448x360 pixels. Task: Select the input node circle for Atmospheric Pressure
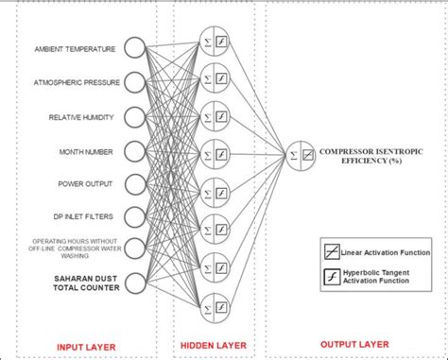pyautogui.click(x=134, y=82)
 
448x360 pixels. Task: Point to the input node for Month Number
pyautogui.click(x=134, y=149)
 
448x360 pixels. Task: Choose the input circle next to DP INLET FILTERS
pyautogui.click(x=134, y=215)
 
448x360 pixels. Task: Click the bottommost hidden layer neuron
pyautogui.click(x=213, y=304)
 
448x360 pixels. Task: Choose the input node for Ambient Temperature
pyautogui.click(x=134, y=48)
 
